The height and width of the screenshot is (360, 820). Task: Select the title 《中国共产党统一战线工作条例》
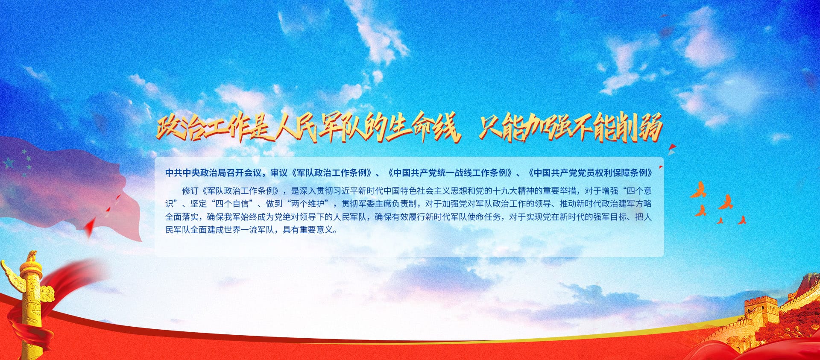(450, 173)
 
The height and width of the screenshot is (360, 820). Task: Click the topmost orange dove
(699, 190)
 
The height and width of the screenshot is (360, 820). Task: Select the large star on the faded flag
(8, 163)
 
